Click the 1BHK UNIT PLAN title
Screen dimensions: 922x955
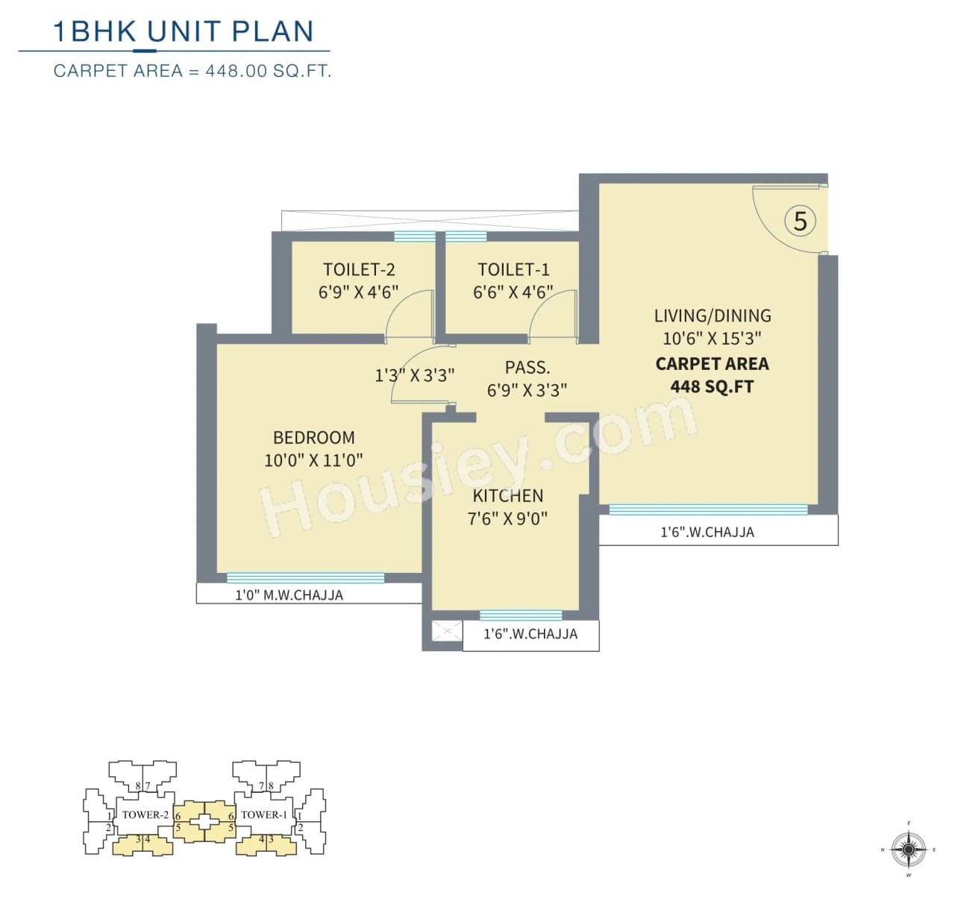coord(184,31)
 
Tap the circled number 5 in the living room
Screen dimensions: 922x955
coord(800,221)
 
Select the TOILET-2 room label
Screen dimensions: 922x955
coord(359,269)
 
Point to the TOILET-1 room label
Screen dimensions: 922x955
coord(513,269)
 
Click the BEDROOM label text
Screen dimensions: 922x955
coord(313,437)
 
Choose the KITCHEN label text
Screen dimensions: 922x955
coord(507,495)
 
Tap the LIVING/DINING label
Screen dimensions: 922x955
coord(712,316)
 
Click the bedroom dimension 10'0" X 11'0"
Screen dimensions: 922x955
coord(313,460)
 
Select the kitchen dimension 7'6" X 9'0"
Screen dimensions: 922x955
coord(507,518)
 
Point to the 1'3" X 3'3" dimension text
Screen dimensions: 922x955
coord(414,375)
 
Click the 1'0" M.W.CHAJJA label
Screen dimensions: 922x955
coord(289,595)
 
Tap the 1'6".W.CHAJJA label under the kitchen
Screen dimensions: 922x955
coord(530,634)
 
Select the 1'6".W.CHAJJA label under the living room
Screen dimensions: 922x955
coord(707,532)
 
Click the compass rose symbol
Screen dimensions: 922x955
coord(908,849)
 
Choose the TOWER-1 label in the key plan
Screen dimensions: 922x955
coord(264,815)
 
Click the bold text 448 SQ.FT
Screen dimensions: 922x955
coord(712,386)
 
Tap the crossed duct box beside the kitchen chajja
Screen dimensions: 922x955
coord(446,633)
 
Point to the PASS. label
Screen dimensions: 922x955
coord(527,367)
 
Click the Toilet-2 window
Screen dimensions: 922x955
coord(414,236)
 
